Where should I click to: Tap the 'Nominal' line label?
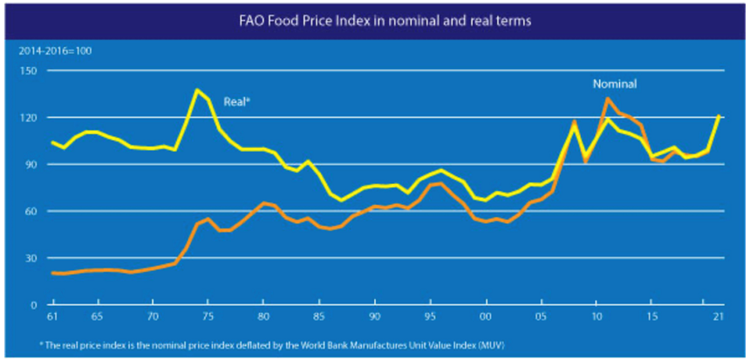click(615, 85)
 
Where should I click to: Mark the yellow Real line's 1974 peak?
click(197, 90)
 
